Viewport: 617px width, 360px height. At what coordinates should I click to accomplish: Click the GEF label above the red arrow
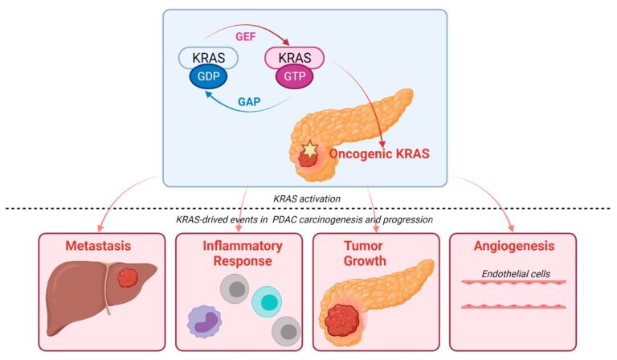click(243, 36)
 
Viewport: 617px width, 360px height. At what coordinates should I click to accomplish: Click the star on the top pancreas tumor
click(308, 149)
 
